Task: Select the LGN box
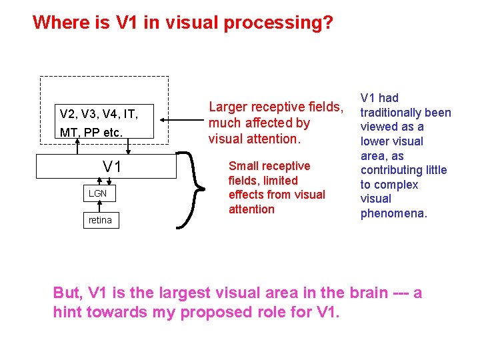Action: tap(97, 193)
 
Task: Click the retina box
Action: tap(100, 220)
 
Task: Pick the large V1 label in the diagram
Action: tap(111, 167)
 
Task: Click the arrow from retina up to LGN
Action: tap(99, 207)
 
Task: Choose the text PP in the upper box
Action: tap(91, 133)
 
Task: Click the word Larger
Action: tap(229, 107)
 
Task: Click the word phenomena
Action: tap(393, 213)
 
